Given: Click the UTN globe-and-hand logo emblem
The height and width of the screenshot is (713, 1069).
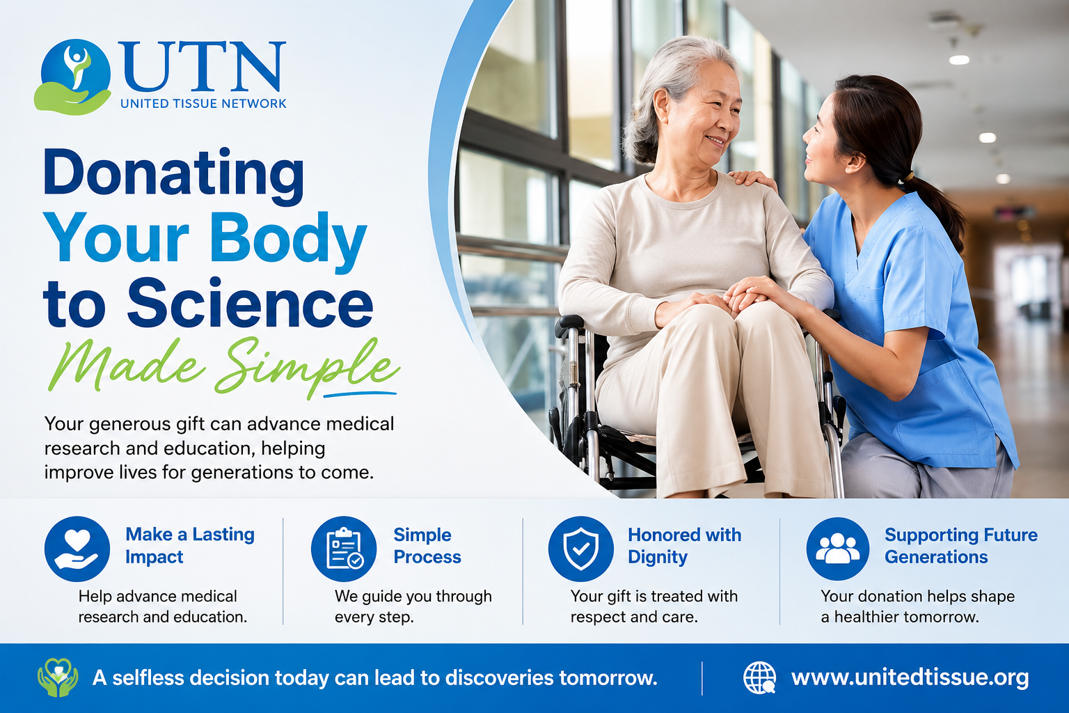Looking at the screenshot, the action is [x=73, y=77].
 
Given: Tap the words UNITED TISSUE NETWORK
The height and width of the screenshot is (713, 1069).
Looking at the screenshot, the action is [x=203, y=104].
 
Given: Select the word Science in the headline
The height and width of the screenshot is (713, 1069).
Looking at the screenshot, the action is [x=250, y=304].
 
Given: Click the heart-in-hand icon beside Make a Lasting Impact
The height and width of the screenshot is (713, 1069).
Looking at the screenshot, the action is [x=77, y=549].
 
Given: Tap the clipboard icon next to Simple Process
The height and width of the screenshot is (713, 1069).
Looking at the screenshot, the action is [x=344, y=549].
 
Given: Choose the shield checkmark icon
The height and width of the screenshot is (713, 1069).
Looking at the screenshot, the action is [x=581, y=549].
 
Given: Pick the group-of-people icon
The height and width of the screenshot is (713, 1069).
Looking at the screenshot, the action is [x=838, y=549].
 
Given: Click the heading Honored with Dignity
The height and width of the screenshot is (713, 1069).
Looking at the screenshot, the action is [x=684, y=546].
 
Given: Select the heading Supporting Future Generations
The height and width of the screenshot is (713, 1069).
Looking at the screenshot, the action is [x=960, y=546].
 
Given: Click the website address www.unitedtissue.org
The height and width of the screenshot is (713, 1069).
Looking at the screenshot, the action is [x=910, y=678].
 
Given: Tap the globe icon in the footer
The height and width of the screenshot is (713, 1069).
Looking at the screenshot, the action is [x=759, y=677].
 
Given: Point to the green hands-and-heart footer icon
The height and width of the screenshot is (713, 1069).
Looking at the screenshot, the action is [x=58, y=677].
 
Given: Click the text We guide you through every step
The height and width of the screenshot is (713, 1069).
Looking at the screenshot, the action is [x=413, y=606].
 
